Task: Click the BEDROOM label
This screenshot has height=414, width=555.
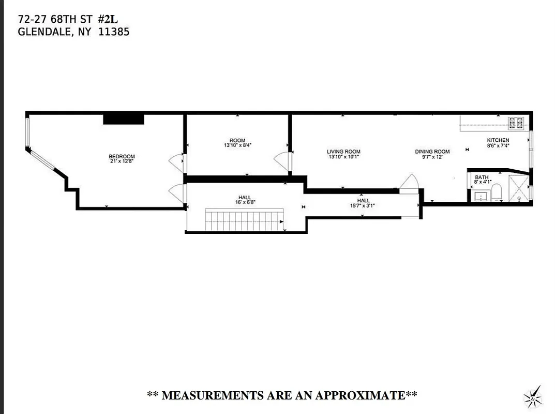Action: [x=122, y=157]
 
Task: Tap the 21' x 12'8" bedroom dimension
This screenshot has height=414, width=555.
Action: [x=122, y=161]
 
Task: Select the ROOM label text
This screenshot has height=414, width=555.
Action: [x=237, y=141]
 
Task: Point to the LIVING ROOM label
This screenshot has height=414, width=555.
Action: [x=343, y=152]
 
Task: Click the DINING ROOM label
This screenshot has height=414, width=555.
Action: [x=432, y=152]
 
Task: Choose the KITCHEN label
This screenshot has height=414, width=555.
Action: [x=498, y=140]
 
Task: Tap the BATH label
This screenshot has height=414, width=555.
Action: [x=482, y=177]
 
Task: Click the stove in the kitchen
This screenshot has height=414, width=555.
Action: [x=516, y=123]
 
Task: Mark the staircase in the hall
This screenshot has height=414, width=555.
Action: [x=245, y=219]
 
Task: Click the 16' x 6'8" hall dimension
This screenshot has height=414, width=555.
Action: [x=245, y=202]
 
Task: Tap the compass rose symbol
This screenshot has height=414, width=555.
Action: [x=533, y=397]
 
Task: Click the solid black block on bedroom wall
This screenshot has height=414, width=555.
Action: [x=123, y=119]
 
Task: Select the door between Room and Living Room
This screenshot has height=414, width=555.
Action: [x=284, y=161]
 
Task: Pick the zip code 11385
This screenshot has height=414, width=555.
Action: [x=114, y=32]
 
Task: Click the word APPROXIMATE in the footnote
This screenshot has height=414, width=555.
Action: [x=360, y=396]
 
